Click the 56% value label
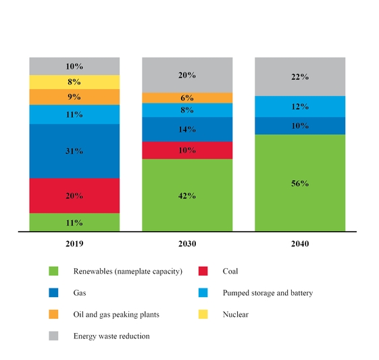[300, 184]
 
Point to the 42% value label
[187, 196]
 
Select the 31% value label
[74, 151]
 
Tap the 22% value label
[300, 77]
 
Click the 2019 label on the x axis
[74, 242]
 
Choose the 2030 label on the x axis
[187, 242]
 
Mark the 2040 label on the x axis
[300, 242]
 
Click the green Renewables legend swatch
[53, 272]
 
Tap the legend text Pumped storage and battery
[267, 293]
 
